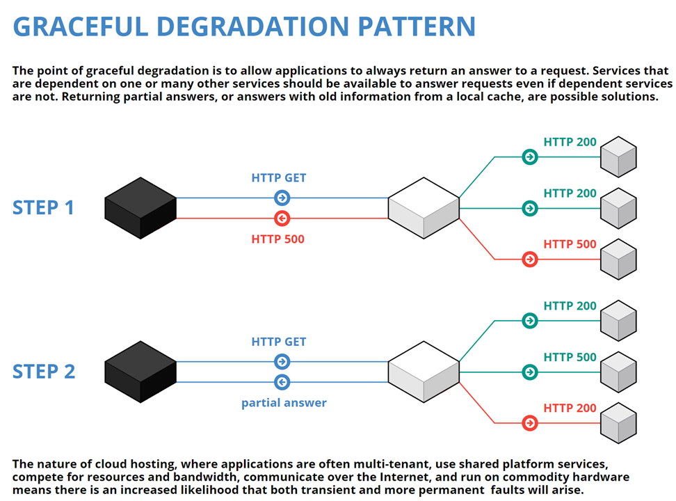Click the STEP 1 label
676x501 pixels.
(43, 207)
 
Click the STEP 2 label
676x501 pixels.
(43, 372)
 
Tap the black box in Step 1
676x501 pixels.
(140, 208)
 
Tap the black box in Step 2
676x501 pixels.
(140, 372)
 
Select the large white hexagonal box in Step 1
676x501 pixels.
(424, 208)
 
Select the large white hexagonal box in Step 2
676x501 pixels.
(424, 372)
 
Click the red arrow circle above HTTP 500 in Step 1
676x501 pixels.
(282, 218)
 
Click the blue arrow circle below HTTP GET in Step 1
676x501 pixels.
(282, 198)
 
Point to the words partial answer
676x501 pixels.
(284, 402)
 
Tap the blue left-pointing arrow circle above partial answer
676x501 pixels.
(282, 382)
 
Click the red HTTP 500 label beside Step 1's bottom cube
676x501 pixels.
(570, 244)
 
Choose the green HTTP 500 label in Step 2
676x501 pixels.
(570, 357)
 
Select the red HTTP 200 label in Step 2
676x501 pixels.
(570, 408)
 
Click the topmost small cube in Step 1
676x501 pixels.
(618, 157)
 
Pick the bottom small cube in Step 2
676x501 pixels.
(618, 423)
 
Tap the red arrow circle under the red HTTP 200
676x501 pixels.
(530, 423)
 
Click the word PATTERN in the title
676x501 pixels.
(417, 26)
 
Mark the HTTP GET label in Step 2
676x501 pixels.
(279, 342)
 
